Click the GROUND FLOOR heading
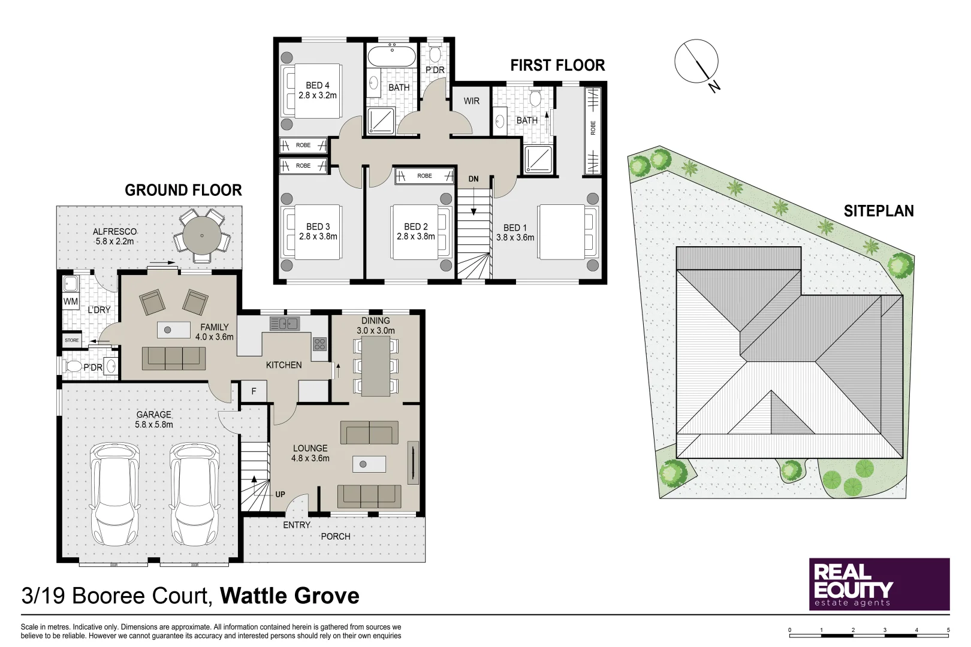coord(183,191)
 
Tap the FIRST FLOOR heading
coord(557,65)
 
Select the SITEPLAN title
coord(879,211)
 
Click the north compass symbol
coord(696,61)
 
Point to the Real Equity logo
coord(879,584)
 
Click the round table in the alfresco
coord(202,235)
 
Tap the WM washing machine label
coord(71,301)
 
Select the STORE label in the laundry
coord(72,340)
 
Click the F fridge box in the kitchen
coord(254,391)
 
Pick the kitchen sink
coord(285,324)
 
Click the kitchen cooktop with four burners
coord(319,344)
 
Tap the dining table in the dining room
coord(376,366)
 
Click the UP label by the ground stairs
coord(280,494)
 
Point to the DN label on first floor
coord(474,179)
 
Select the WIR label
coord(472,101)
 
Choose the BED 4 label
coord(318,86)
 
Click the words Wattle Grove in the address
coord(290,596)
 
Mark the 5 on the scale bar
coord(948,630)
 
